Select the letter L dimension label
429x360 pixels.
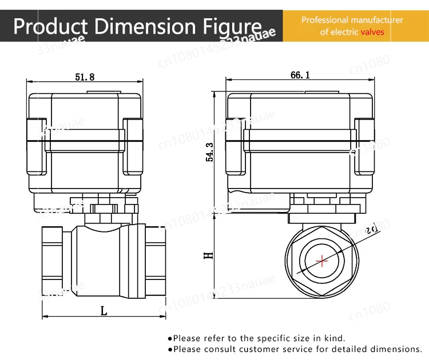(104, 311)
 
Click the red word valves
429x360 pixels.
(372, 32)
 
